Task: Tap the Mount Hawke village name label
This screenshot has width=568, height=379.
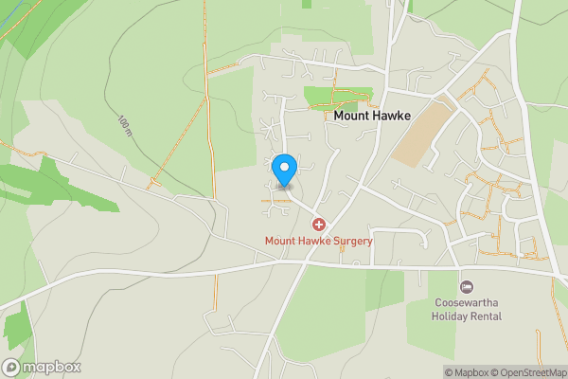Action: point(371,116)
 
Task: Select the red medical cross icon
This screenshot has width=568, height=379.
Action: point(319,225)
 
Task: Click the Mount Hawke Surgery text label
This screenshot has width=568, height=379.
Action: point(319,242)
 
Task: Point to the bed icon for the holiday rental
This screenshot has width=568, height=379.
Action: point(466,286)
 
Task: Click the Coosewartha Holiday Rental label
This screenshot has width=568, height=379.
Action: point(467,309)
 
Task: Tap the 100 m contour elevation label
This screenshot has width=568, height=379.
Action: point(125,126)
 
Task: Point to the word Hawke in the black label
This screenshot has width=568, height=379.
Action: point(392,116)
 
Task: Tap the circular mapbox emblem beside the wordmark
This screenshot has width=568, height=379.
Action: point(11,367)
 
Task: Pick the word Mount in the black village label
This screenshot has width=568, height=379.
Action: point(351,116)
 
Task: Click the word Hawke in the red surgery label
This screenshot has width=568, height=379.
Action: point(313,242)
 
